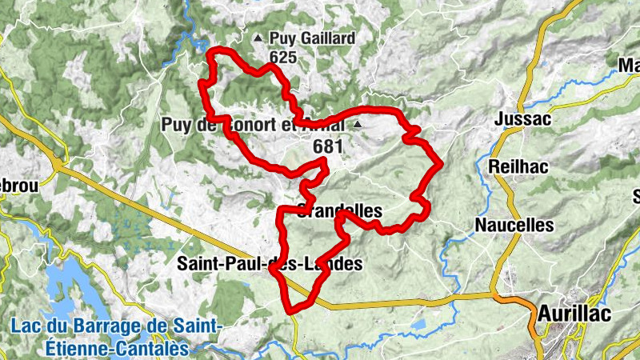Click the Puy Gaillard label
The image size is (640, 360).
(x=312, y=38)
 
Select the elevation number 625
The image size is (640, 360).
(x=283, y=58)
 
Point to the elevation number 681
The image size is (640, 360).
(x=328, y=146)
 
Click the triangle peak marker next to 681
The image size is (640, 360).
(x=357, y=126)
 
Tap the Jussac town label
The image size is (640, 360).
(x=524, y=119)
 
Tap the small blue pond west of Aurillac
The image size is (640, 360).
(x=418, y=326)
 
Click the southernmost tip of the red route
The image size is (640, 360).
(x=291, y=310)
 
